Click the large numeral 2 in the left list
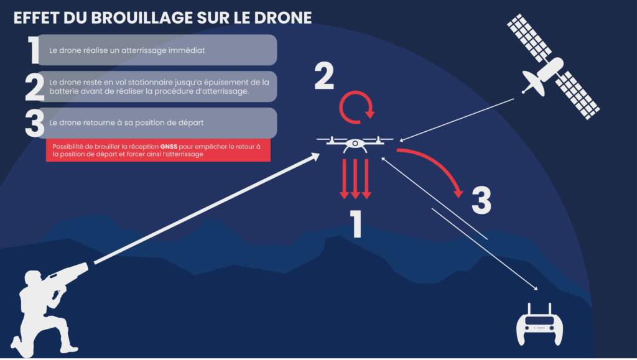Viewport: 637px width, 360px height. [x=35, y=88]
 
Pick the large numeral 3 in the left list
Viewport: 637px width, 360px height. [x=35, y=123]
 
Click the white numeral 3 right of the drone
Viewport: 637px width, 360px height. [x=481, y=200]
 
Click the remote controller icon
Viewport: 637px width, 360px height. [x=538, y=324]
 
